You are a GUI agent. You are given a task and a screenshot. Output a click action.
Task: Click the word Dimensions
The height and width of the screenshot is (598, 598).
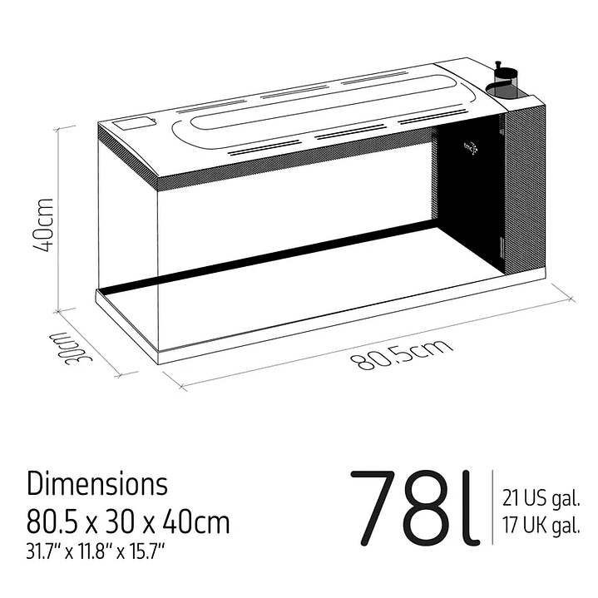(x=97, y=483)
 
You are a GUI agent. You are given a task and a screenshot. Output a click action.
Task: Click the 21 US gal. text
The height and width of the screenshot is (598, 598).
(x=541, y=499)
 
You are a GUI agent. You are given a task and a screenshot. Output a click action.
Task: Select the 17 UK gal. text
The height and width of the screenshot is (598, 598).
(x=541, y=526)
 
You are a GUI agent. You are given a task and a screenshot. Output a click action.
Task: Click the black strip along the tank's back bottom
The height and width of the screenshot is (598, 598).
(x=274, y=258)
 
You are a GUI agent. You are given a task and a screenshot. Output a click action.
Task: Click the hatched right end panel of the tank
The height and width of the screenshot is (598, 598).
(x=525, y=191)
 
